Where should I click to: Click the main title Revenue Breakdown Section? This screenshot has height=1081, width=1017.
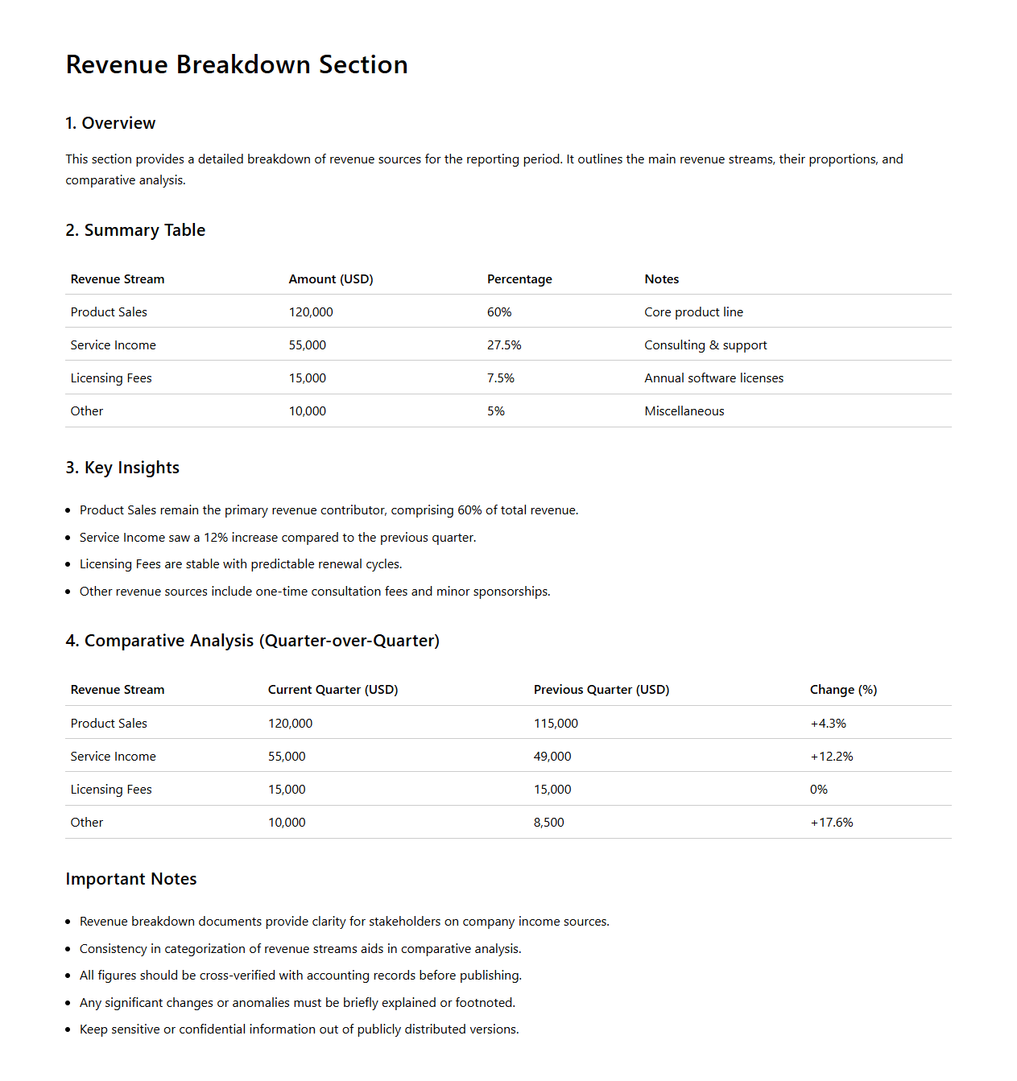(237, 64)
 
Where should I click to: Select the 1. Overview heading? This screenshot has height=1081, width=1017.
(110, 123)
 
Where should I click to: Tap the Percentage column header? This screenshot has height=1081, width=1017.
(519, 279)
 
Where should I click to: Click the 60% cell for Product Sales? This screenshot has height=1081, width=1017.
(499, 312)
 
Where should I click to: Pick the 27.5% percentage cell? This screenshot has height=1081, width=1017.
(504, 345)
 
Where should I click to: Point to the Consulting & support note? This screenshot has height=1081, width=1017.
(705, 345)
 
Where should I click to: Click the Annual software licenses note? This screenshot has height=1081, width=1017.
(713, 378)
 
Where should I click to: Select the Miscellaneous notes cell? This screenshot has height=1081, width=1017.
(684, 411)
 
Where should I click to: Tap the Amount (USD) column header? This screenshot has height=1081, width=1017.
(331, 279)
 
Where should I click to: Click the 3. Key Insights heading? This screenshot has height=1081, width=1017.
(122, 468)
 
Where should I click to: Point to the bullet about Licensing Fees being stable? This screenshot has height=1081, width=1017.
(241, 564)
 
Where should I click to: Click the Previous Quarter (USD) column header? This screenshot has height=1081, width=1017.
(602, 690)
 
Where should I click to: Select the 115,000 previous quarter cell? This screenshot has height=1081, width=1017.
(556, 724)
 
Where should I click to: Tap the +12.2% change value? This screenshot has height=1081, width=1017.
(831, 757)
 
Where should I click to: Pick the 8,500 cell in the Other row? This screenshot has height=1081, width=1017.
(548, 823)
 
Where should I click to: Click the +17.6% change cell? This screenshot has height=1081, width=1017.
(831, 823)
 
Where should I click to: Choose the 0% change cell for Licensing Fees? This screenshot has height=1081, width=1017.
(818, 790)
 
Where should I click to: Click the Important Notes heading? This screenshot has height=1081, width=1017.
(131, 879)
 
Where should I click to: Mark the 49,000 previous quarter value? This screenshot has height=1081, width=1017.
(552, 757)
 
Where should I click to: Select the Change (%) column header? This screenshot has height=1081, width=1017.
(843, 690)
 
